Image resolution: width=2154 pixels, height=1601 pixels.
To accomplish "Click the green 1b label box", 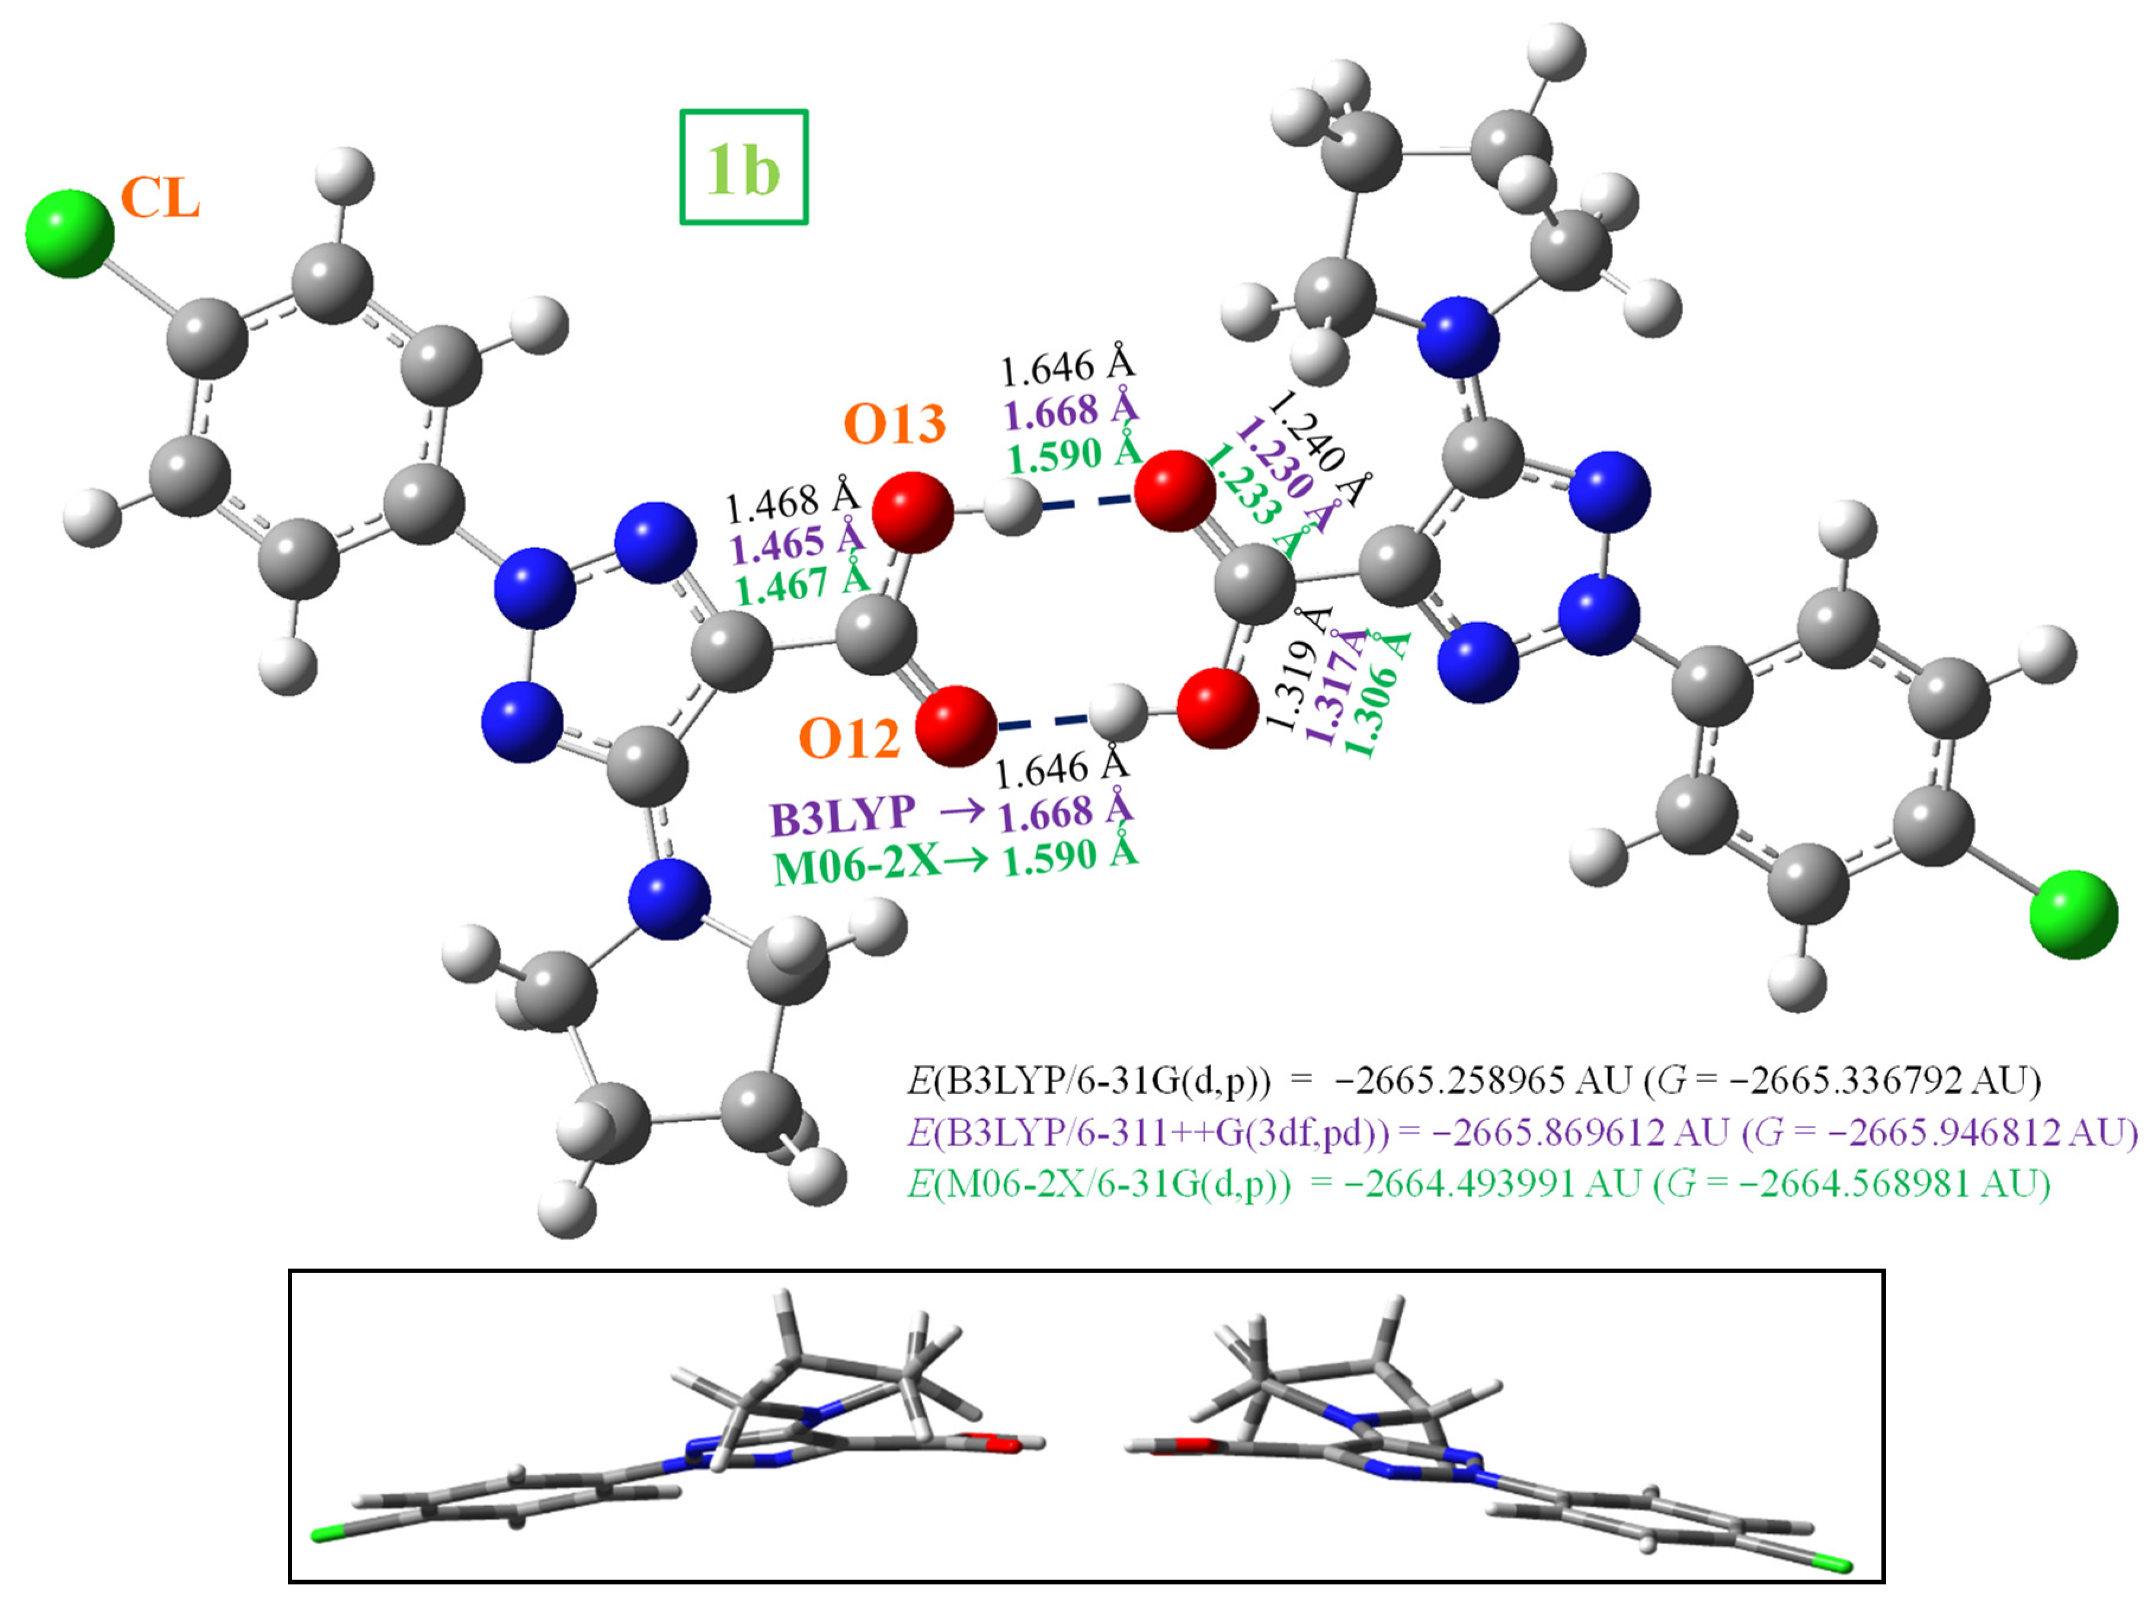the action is click(x=743, y=166).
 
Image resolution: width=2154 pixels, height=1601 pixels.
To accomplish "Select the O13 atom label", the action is click(x=894, y=424).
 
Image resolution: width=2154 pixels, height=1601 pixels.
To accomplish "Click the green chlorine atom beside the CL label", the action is click(x=70, y=233).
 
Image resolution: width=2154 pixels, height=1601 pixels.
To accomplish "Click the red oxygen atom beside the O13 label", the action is click(x=912, y=513).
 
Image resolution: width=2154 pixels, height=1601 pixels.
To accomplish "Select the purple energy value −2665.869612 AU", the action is click(x=1579, y=1131).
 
